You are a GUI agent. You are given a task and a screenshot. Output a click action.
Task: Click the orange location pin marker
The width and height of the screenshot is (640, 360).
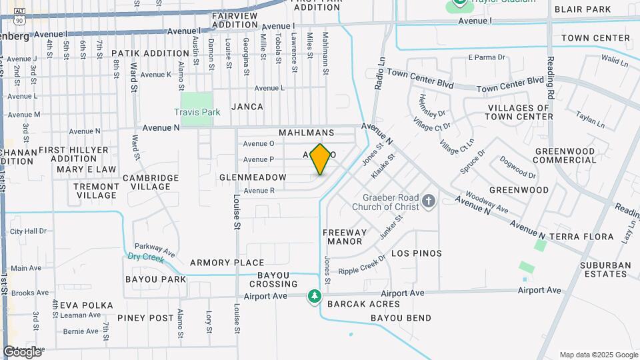click(x=321, y=159)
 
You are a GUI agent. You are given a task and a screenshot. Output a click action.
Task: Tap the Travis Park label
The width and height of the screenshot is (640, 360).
click(x=197, y=112)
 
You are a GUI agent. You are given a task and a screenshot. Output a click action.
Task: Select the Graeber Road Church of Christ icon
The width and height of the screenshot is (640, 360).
click(x=429, y=200)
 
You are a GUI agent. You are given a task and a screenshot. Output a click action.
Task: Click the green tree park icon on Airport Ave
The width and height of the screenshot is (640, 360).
click(x=314, y=295)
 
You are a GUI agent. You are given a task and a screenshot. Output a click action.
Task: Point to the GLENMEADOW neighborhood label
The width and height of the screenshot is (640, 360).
click(x=253, y=177)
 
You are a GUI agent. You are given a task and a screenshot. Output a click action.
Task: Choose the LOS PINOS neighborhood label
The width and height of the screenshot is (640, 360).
click(x=416, y=253)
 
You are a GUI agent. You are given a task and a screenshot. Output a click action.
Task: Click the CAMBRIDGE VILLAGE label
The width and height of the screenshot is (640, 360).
click(x=151, y=182)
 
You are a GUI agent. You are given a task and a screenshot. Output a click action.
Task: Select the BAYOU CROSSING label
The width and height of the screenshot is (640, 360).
click(x=273, y=279)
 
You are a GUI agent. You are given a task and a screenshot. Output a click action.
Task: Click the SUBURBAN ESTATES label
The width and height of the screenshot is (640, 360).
click(x=596, y=269)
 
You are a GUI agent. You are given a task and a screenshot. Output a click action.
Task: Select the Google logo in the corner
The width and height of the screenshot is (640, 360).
click(x=22, y=351)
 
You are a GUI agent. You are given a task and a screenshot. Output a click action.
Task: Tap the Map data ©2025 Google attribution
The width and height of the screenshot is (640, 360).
click(x=599, y=355)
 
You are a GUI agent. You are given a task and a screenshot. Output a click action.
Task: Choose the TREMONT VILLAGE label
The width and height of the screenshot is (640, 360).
click(x=97, y=191)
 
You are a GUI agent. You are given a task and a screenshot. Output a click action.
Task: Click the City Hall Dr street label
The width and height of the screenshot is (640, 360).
click(x=29, y=231)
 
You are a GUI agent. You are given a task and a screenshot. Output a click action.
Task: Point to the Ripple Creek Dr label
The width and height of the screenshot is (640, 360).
click(x=363, y=267)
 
